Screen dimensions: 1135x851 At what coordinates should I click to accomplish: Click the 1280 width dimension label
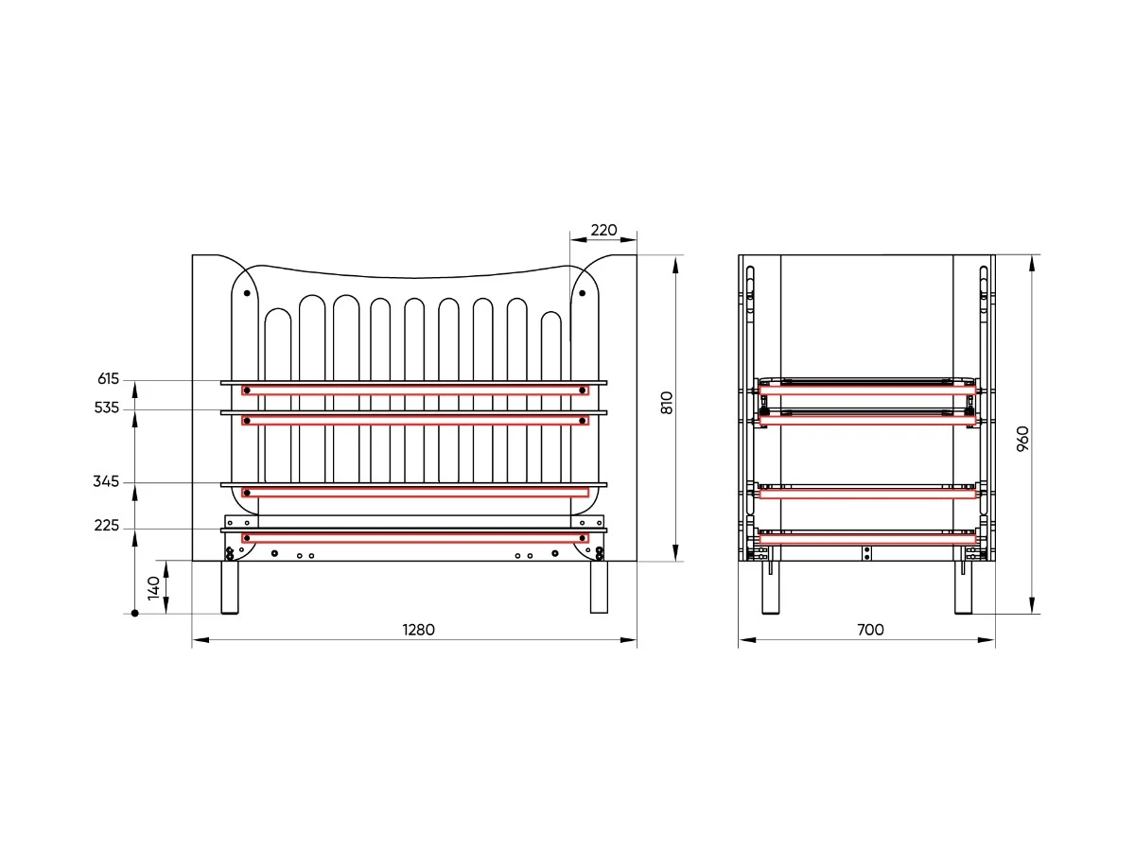pyautogui.click(x=418, y=630)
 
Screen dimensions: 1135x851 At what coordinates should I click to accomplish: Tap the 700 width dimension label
pyautogui.click(x=870, y=630)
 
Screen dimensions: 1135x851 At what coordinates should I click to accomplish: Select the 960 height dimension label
pyautogui.click(x=1022, y=439)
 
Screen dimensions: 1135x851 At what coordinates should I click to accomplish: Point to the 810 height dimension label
pyautogui.click(x=667, y=403)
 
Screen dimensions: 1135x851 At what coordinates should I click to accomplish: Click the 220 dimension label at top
pyautogui.click(x=603, y=230)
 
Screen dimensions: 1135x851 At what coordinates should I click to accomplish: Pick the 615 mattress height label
pyautogui.click(x=108, y=379)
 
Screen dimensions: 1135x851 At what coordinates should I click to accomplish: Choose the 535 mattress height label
pyautogui.click(x=107, y=408)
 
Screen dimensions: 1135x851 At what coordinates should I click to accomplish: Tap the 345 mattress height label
pyautogui.click(x=106, y=481)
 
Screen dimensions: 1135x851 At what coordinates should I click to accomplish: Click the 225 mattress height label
pyautogui.click(x=107, y=526)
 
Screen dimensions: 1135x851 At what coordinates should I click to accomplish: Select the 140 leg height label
pyautogui.click(x=153, y=588)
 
